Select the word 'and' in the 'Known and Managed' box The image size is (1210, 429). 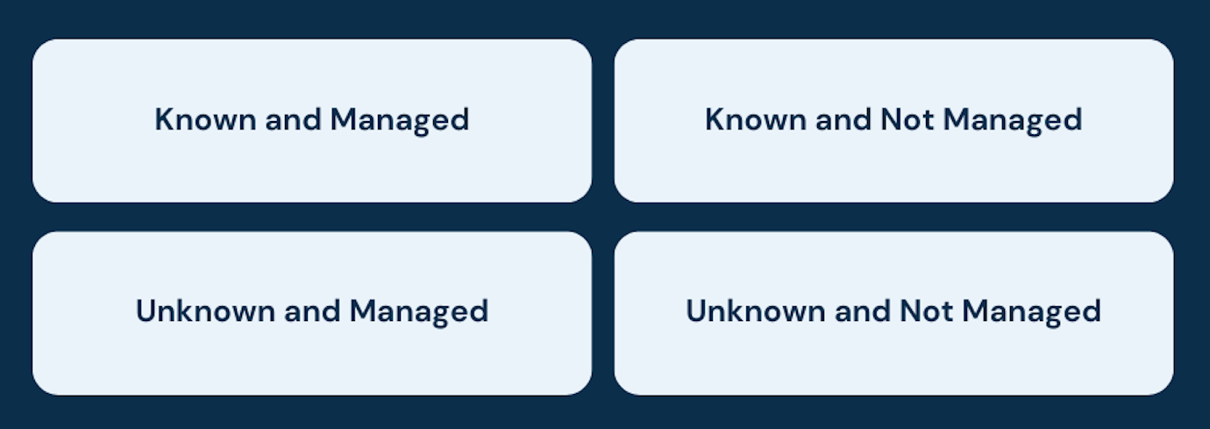click(293, 120)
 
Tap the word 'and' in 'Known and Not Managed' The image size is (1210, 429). click(843, 120)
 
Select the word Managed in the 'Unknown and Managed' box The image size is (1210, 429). click(419, 311)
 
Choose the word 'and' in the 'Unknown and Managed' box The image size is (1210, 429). click(312, 311)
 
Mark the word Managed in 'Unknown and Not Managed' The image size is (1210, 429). click(1032, 311)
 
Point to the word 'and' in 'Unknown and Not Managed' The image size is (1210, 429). click(862, 311)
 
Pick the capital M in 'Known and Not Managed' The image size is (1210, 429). click(958, 120)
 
